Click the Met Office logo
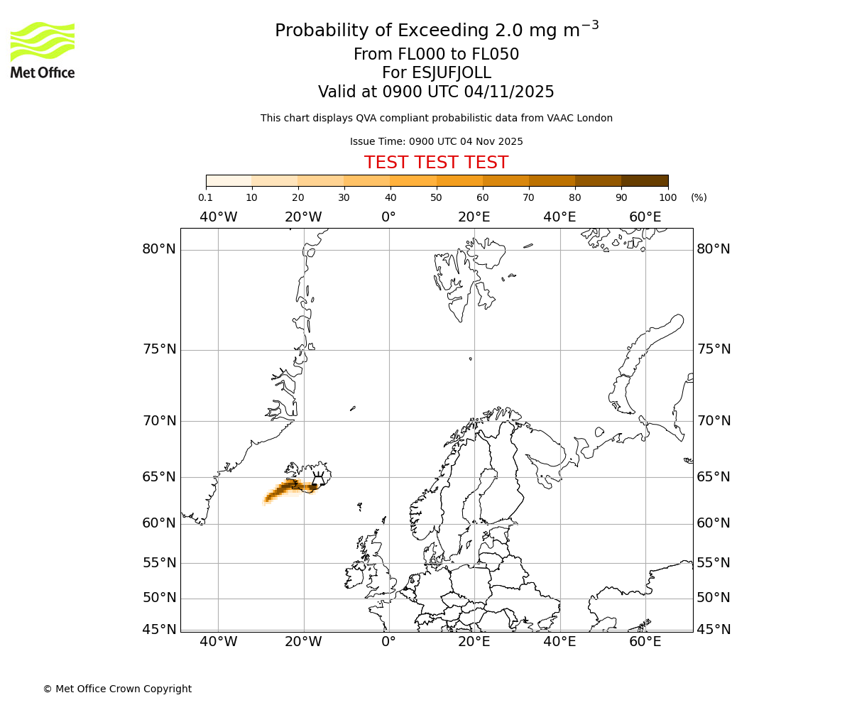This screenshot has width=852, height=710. [x=43, y=50]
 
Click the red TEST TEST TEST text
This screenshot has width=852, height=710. [x=436, y=163]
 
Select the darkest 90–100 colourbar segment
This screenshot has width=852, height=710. [x=645, y=180]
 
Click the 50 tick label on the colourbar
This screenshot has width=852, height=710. [x=436, y=197]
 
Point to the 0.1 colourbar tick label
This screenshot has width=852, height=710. [x=206, y=197]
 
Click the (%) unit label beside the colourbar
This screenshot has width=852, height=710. [x=699, y=197]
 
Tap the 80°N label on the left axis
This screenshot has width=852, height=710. [x=158, y=249]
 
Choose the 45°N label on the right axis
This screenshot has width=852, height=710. [x=713, y=630]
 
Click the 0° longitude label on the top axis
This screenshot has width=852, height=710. [x=388, y=217]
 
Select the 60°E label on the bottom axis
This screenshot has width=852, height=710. [x=645, y=642]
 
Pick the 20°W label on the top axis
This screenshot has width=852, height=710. [x=303, y=217]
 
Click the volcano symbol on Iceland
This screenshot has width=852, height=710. [x=317, y=479]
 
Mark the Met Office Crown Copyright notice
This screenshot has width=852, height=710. [x=117, y=689]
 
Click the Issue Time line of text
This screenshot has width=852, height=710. [x=436, y=141]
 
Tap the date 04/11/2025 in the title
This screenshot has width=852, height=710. [x=509, y=92]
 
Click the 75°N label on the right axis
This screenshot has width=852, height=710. [x=713, y=349]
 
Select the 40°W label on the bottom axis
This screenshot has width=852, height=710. [x=218, y=642]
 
